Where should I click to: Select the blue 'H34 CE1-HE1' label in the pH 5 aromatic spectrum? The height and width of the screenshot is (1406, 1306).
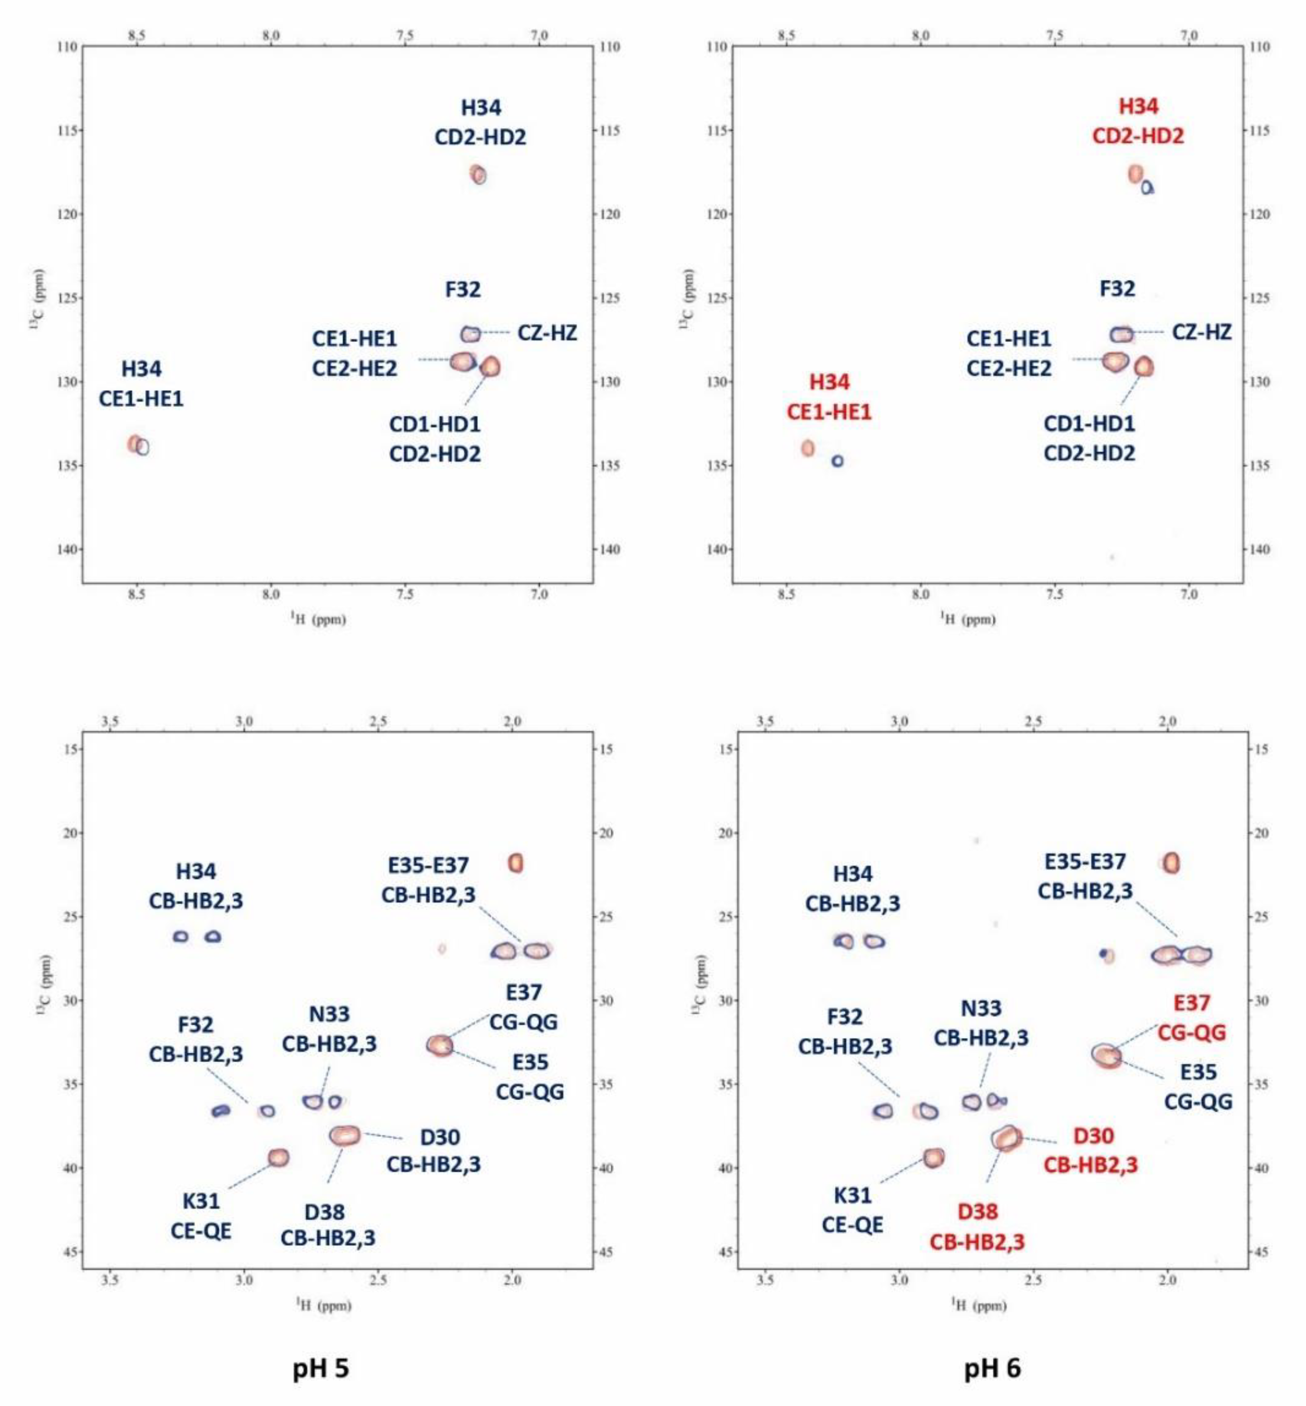(141, 384)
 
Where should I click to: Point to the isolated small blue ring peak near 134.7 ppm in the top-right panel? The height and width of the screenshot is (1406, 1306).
(838, 461)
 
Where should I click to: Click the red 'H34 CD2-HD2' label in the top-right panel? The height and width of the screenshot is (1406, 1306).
(1138, 121)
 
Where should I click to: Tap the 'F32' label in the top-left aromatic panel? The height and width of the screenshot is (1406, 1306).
(463, 290)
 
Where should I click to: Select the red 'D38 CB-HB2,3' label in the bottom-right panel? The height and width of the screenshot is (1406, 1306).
(977, 1226)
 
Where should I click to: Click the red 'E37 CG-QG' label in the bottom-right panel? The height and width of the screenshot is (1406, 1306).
(1192, 1017)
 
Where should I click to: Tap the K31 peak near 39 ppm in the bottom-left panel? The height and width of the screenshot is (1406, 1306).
(279, 1157)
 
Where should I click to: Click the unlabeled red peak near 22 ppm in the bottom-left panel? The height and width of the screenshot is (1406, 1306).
(515, 862)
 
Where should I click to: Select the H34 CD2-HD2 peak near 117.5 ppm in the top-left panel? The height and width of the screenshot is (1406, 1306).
(478, 174)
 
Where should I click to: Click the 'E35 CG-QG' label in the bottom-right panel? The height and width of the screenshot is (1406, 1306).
(1198, 1087)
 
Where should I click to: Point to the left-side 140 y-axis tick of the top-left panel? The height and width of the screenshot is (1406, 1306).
(67, 549)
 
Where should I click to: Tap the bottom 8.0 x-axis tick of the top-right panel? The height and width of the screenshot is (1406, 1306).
(920, 594)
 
